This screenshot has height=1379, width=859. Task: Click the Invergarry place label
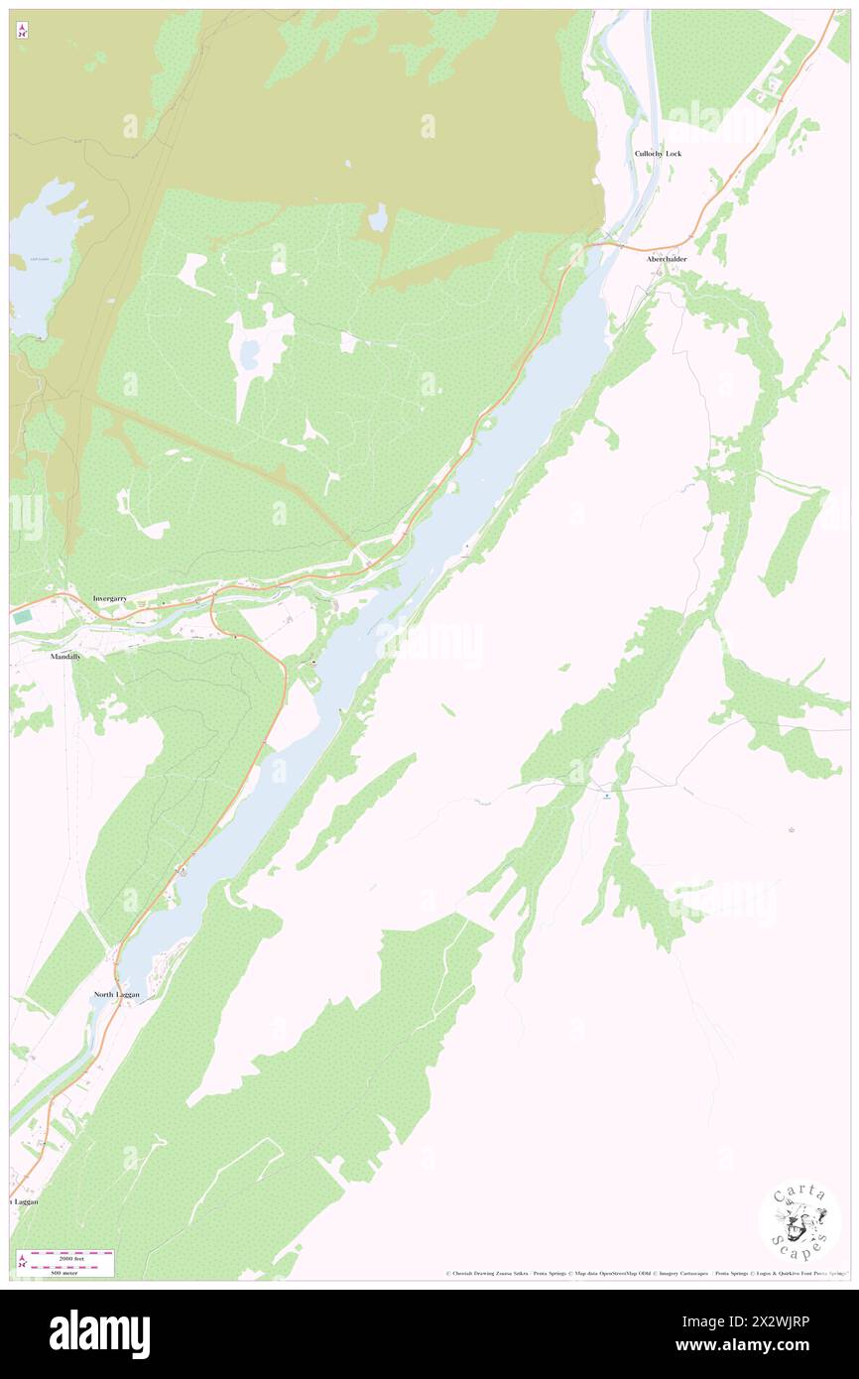110,599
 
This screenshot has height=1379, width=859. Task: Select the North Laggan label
117,994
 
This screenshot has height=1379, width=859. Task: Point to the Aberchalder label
667,259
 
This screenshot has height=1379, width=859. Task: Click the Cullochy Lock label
659,154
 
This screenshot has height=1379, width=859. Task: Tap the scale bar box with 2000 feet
65,1263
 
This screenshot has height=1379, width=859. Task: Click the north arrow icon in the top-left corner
22,31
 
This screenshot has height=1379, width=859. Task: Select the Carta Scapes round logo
799,1223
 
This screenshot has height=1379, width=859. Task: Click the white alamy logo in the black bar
99,1334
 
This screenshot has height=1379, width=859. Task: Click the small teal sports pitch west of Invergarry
20,617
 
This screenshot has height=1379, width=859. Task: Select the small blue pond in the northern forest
378,218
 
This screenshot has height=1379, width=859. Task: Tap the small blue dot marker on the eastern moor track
607,795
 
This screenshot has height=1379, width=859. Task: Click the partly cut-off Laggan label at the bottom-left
25,1201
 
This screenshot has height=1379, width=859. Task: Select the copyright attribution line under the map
645,1274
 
